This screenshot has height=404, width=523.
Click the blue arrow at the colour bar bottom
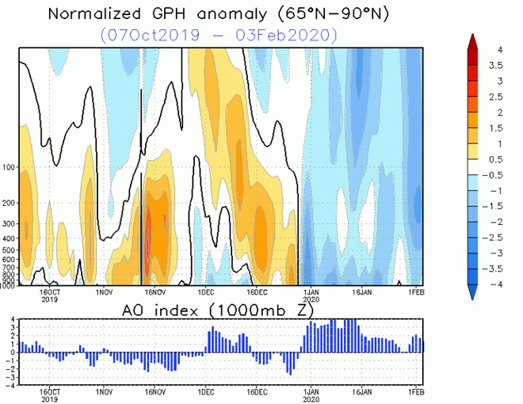tap(472, 292)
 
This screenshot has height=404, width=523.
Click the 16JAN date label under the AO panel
tap(362, 391)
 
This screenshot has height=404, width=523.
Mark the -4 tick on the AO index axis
tap(11, 386)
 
